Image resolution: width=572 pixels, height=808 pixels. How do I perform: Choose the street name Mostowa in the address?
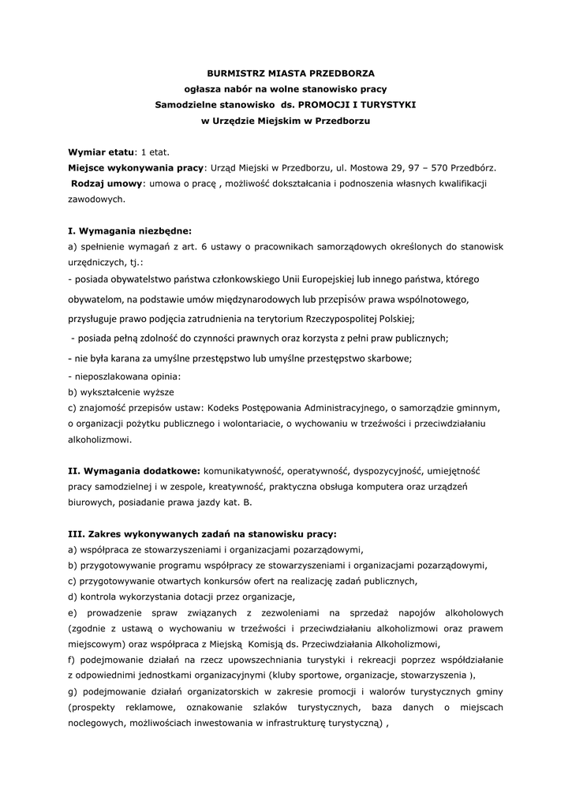pyautogui.click(x=368, y=167)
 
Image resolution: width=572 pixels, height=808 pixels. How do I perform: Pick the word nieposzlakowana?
pyautogui.click(x=109, y=376)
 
